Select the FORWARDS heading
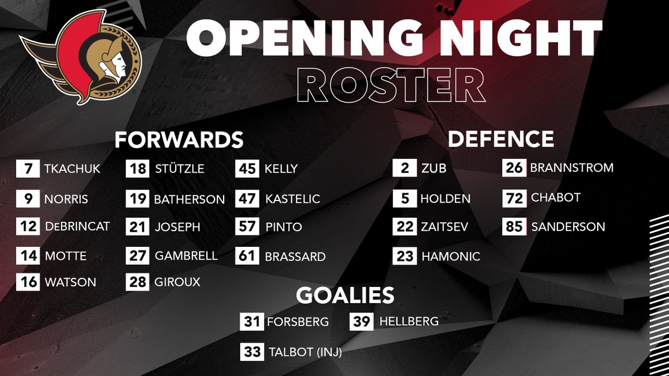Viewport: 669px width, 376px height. [x=179, y=139]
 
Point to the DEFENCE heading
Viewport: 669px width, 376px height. [x=501, y=139]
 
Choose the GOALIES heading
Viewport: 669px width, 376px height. [x=345, y=295]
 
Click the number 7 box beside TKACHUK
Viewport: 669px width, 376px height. [x=28, y=169]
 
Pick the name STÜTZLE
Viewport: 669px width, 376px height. [x=179, y=169]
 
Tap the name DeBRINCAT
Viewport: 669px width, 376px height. [x=76, y=226]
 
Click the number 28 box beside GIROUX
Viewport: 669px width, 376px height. [x=137, y=282]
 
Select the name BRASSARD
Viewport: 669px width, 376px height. [x=295, y=257]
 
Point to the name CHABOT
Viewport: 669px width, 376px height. [x=555, y=198]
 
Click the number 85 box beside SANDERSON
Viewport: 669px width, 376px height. [x=514, y=227]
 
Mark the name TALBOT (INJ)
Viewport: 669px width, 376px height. [x=305, y=352]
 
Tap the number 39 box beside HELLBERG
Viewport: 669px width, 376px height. [x=361, y=321]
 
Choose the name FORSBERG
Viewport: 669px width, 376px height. [x=298, y=322]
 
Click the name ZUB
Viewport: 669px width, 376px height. [x=434, y=168]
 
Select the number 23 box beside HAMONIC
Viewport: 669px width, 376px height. [x=405, y=256]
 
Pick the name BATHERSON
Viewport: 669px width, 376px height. [x=189, y=199]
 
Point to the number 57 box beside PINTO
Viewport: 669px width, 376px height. [x=247, y=227]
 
